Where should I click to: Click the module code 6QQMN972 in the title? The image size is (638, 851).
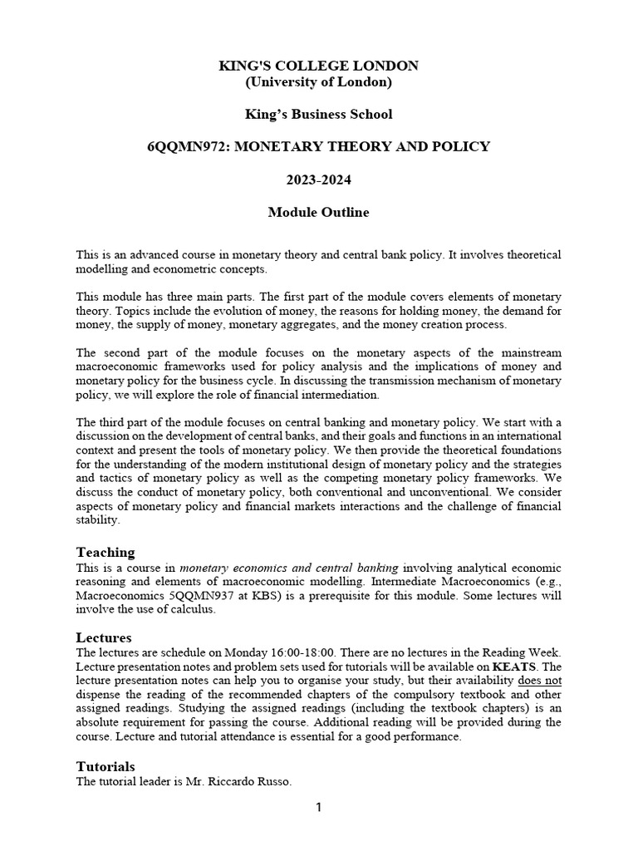(x=182, y=147)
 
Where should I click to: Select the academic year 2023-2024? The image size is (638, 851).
(x=318, y=180)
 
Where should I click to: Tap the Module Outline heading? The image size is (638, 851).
(x=318, y=213)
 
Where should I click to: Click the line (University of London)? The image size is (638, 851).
(x=318, y=81)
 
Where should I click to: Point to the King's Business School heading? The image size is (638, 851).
(x=318, y=114)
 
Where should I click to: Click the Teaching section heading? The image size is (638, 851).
(x=106, y=553)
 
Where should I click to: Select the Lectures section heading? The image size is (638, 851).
(x=104, y=637)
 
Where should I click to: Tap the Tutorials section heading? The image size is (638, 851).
(x=106, y=766)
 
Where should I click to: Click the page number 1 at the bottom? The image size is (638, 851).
(x=318, y=808)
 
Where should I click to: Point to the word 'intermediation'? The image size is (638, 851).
(x=338, y=394)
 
